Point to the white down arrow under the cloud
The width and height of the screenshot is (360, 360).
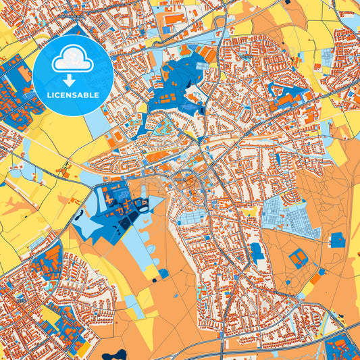point(72,78)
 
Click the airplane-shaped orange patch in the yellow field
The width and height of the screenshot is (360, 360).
point(16,203)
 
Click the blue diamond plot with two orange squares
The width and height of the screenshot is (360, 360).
point(298,257)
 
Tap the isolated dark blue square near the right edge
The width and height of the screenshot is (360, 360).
point(338,239)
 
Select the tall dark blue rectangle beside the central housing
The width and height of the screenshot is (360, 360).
point(256,252)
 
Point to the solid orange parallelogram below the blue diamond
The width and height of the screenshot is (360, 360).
point(315,278)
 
